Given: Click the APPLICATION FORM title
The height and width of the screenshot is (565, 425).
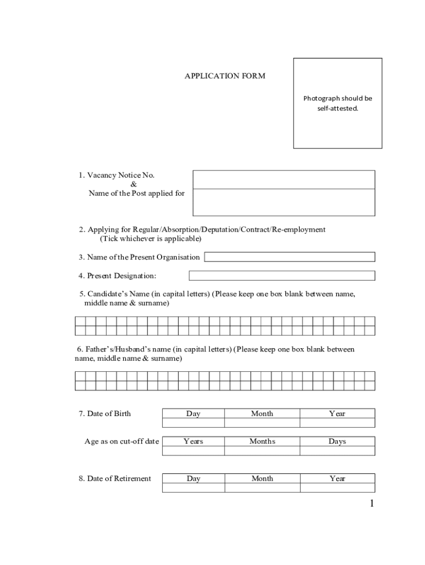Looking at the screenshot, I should (225, 76).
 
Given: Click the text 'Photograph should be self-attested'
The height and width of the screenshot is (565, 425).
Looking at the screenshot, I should (337, 103).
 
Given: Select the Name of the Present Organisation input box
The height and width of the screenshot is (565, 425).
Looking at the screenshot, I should (290, 257).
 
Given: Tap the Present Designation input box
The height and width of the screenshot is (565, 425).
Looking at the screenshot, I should (281, 275).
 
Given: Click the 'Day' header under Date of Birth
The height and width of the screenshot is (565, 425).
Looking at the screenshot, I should (193, 414).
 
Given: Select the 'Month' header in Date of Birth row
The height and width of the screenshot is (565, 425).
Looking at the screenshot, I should (262, 414).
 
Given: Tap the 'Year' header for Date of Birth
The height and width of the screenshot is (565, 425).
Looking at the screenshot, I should (337, 414).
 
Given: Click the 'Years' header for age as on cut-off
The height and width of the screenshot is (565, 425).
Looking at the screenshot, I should (193, 441).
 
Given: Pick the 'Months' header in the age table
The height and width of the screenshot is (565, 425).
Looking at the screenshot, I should (262, 441).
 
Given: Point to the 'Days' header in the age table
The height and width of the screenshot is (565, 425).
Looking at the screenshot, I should (337, 441).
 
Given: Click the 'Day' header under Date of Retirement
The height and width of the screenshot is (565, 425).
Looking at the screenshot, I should (193, 479).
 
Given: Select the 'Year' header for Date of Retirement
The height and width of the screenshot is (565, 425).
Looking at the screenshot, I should (337, 479).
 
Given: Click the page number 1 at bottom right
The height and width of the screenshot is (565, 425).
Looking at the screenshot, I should (371, 503).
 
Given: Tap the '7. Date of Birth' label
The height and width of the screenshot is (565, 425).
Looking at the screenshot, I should (105, 414).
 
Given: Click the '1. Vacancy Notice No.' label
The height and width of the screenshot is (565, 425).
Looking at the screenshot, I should (116, 175).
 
